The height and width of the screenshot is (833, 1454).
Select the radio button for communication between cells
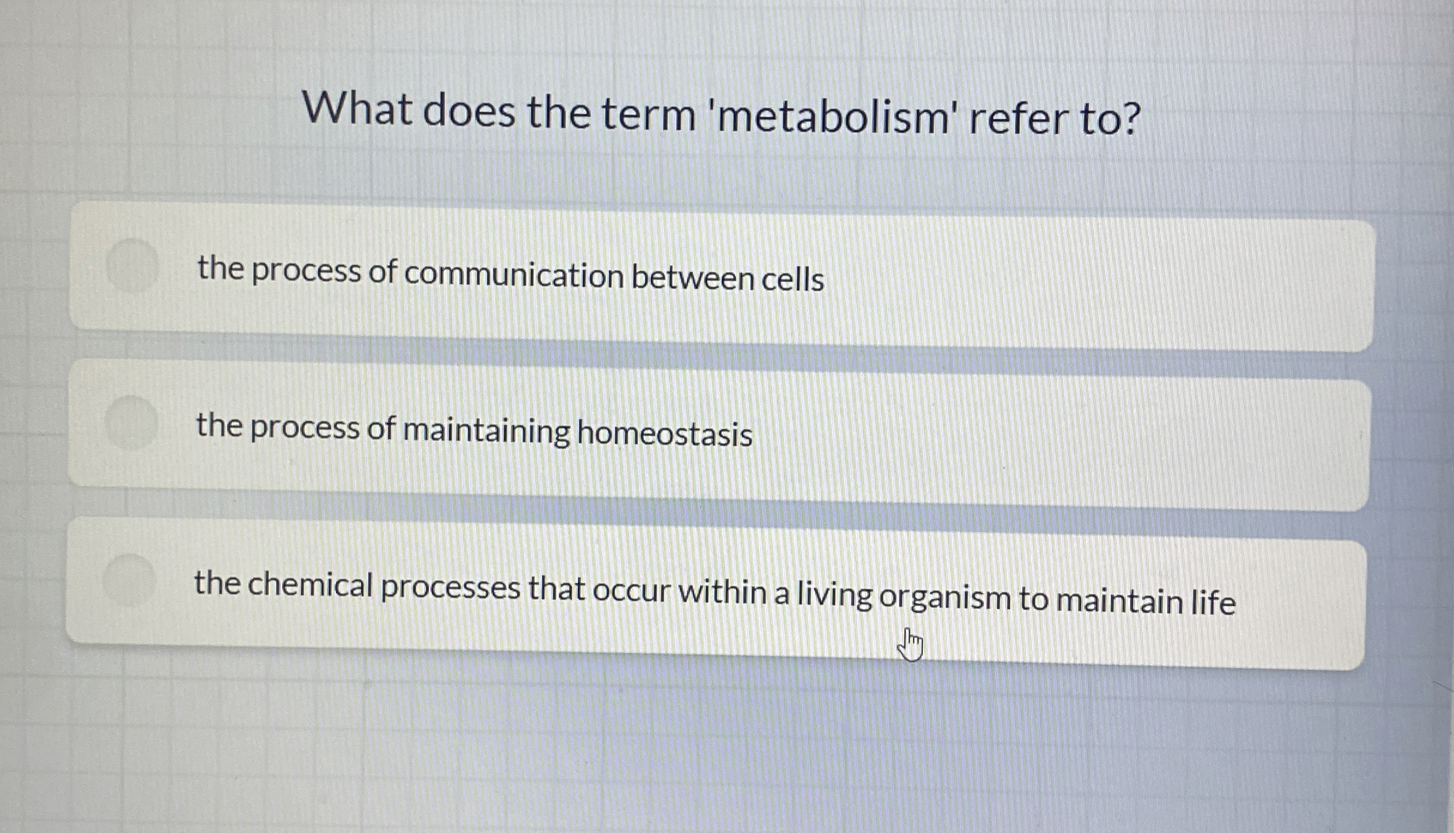(x=132, y=266)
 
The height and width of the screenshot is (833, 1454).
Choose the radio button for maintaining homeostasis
(x=131, y=423)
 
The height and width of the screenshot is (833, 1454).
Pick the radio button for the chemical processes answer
(x=129, y=580)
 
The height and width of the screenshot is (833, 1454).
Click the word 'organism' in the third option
(x=945, y=598)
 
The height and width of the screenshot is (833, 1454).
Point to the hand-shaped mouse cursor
(x=911, y=645)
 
